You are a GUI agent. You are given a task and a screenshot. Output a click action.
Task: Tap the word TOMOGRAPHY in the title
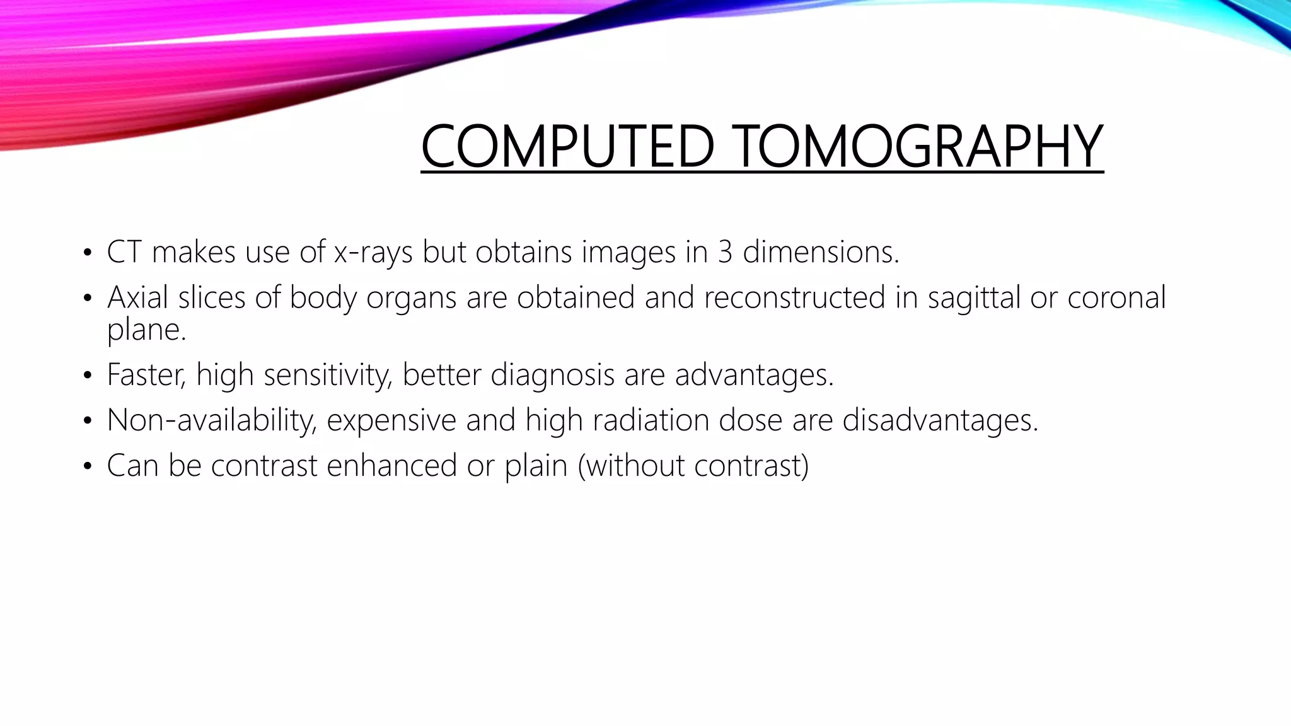920,146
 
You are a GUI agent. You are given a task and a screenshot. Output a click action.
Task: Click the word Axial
138,297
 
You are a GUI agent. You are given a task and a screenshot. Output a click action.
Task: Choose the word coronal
1116,297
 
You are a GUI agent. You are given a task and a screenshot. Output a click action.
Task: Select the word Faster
146,375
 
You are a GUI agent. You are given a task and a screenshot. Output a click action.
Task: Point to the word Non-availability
211,420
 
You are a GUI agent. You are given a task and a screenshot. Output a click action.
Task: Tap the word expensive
391,420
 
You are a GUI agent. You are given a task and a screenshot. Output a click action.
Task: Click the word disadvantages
940,420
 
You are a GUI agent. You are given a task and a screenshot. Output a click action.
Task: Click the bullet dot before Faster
88,376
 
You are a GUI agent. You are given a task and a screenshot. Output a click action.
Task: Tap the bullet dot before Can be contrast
88,467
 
